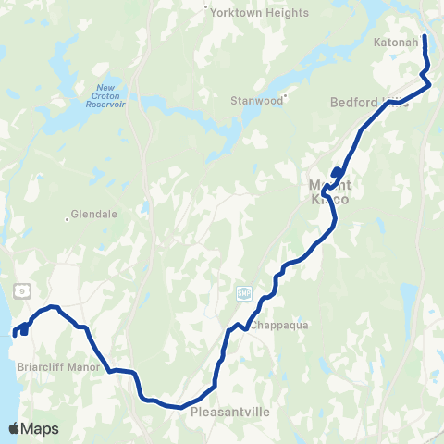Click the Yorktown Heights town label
246,13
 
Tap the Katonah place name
399,43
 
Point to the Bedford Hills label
368,102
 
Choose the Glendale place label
94,214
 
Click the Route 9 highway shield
19,290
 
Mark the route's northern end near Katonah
425,36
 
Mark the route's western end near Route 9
15,332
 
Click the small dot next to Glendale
68,218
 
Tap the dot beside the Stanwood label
287,96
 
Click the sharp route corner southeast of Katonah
430,84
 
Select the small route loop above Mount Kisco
337,172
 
